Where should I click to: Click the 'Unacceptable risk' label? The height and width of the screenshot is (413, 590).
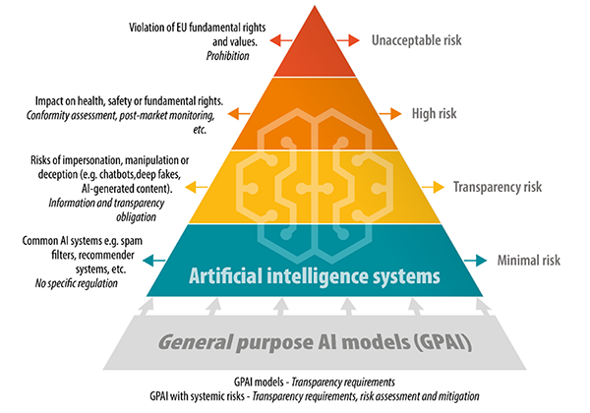point(417,40)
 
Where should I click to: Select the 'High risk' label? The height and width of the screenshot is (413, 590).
point(435,114)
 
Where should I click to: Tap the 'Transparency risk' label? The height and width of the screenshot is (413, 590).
point(498,187)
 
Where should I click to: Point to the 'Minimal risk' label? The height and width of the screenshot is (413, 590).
point(529,261)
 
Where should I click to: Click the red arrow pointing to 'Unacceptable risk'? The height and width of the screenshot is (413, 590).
point(348,40)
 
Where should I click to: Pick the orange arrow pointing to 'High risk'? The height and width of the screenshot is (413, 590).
point(390,114)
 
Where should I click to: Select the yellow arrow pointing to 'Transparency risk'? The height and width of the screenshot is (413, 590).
point(433,187)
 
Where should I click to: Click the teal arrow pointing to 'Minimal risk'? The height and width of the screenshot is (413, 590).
point(475,261)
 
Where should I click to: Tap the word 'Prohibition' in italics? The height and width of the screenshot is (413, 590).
point(228,56)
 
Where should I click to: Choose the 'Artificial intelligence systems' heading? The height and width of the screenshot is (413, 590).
point(315,276)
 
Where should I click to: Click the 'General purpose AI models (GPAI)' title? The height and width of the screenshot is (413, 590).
point(315,342)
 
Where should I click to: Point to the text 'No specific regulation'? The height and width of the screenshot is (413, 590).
point(77,283)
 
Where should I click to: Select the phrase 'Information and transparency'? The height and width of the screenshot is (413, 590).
point(106,204)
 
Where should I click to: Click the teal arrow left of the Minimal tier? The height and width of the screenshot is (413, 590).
point(154,261)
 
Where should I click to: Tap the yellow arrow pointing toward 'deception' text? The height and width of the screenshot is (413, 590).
point(196,187)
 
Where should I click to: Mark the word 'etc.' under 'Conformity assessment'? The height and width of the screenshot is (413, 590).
point(200,130)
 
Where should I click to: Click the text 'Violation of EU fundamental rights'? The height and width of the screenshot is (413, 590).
point(198,28)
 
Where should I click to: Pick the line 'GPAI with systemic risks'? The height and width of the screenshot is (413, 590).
point(197,396)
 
